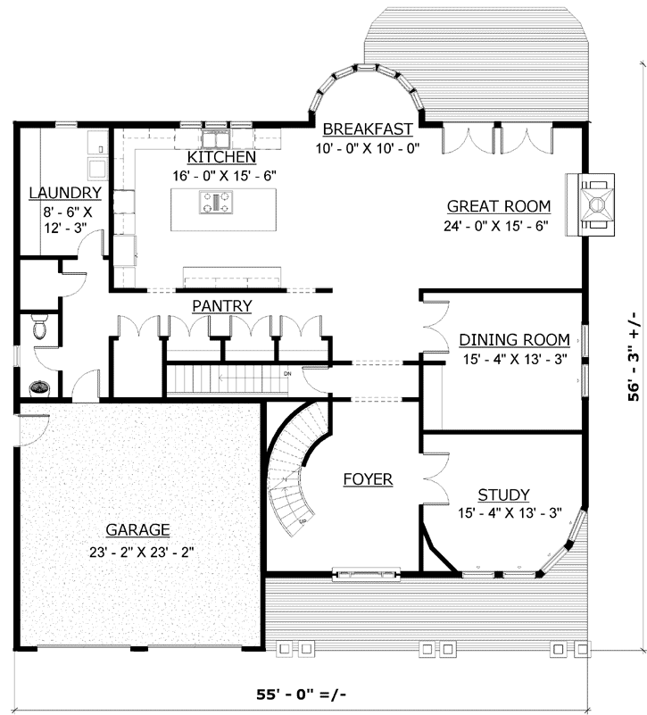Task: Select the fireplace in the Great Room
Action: click(x=595, y=203)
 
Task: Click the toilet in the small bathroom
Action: click(x=38, y=328)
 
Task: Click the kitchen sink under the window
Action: click(x=217, y=138)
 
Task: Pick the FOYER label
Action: click(x=369, y=479)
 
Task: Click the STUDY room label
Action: click(x=503, y=495)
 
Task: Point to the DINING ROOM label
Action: click(x=514, y=339)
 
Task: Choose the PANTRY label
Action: click(x=221, y=306)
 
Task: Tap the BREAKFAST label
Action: click(x=367, y=128)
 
